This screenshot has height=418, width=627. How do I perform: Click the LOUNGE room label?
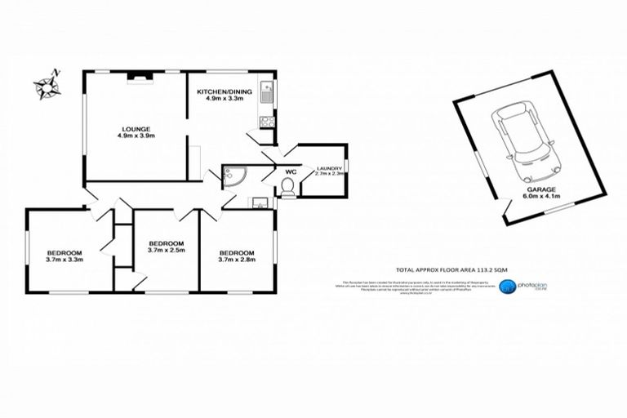[x=134, y=128]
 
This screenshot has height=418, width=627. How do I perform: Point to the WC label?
[x=291, y=171]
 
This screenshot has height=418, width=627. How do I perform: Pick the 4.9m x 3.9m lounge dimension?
[x=134, y=136]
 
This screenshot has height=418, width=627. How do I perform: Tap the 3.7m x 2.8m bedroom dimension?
[x=237, y=260]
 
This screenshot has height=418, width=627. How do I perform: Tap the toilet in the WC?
[x=287, y=188]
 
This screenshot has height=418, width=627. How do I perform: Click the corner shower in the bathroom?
[x=234, y=175]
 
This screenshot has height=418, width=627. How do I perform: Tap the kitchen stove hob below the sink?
[x=265, y=123]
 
